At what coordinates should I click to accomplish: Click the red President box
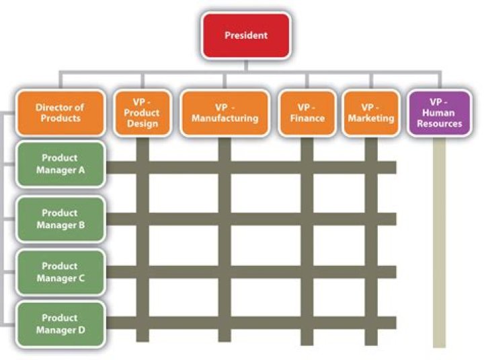245,35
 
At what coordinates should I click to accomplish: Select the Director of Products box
60,113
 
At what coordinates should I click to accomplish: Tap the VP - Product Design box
141,113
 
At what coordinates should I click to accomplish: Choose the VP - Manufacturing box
225,113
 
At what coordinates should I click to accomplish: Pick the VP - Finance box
307,113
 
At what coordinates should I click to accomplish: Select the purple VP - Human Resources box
439,113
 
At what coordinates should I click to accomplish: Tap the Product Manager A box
60,164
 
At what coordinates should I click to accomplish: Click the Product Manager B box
60,219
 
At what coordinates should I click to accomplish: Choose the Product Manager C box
60,272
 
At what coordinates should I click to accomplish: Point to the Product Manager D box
60,324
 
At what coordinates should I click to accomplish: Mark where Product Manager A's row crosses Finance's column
307,167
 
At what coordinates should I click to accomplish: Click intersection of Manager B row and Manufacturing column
225,219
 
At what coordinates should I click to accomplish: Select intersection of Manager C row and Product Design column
142,272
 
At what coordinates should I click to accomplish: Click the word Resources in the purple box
439,124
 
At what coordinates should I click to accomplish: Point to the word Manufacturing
225,118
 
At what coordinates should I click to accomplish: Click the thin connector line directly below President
245,65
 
